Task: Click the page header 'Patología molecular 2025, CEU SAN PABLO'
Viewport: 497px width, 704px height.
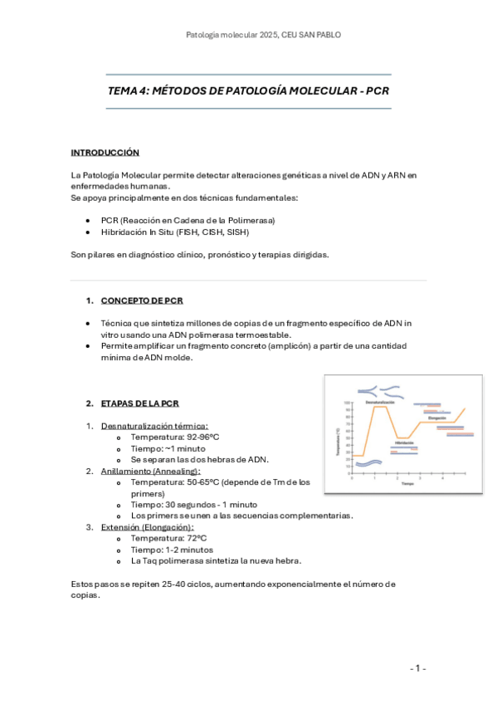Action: [x=263, y=35]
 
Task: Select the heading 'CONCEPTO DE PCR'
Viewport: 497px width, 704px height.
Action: [x=142, y=301]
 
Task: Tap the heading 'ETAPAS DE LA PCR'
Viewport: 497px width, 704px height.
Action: [x=139, y=403]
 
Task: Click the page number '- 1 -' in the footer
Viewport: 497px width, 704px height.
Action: [x=417, y=667]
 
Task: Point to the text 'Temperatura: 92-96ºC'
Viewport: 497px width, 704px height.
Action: [x=175, y=437]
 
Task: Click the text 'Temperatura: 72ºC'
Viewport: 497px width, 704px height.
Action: [x=168, y=538]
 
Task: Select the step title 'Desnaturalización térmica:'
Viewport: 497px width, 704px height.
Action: [x=154, y=426]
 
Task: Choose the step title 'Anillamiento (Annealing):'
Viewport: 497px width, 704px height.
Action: [x=150, y=471]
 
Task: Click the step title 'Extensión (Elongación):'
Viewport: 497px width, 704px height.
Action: [x=147, y=527]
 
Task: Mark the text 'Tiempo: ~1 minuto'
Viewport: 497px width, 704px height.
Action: [x=168, y=448]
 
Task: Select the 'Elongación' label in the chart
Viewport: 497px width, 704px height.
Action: [x=436, y=418]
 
